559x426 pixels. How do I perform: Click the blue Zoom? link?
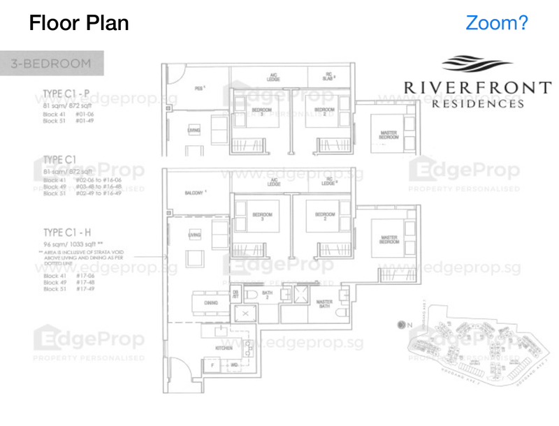pos(497,23)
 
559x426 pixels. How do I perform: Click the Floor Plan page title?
pos(79,23)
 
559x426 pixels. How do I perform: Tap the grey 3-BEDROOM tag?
pos(52,64)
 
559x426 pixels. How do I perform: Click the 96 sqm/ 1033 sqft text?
pos(73,245)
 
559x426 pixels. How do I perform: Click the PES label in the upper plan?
pos(198,89)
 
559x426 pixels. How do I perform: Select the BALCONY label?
pos(195,192)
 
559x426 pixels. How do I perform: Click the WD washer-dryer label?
pos(233,365)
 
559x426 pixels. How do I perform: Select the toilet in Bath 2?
pos(250,297)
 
